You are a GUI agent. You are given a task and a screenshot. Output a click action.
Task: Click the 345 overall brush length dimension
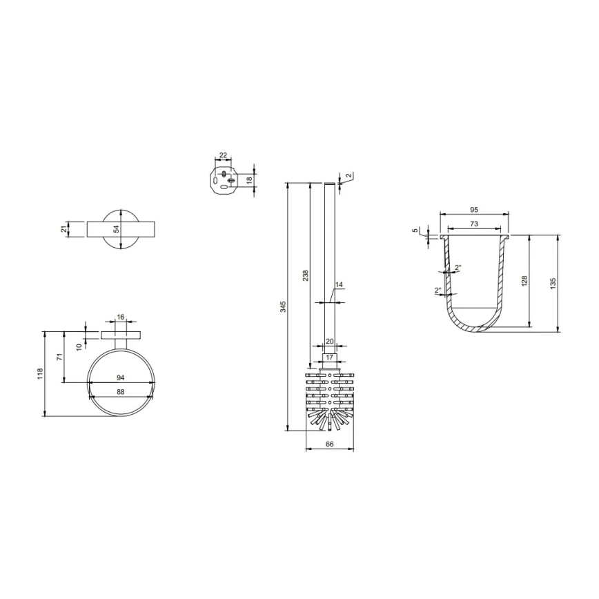coord(282,306)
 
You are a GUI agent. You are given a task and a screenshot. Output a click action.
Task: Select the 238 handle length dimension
coord(306,274)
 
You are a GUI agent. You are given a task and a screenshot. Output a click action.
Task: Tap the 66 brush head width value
coord(329,444)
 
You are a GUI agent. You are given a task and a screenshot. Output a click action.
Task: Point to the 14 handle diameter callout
coord(338,285)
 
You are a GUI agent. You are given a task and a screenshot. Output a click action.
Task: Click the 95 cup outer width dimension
coord(474,208)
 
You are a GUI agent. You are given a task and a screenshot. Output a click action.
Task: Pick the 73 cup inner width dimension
coord(474,224)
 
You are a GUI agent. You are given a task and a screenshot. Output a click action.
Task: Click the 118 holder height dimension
coord(41,373)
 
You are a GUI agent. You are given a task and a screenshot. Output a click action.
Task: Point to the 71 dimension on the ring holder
coord(61,357)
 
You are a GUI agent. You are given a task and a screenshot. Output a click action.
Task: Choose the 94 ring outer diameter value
coord(120,377)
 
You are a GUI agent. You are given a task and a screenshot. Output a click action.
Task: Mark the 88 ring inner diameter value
coord(120,392)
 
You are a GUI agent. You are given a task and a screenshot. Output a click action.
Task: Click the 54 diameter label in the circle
coord(117,228)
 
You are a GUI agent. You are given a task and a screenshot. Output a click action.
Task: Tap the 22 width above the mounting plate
coord(223,155)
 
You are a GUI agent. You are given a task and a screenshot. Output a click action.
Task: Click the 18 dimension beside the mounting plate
coord(250,179)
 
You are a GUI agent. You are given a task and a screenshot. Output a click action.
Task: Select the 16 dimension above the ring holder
coord(121,317)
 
